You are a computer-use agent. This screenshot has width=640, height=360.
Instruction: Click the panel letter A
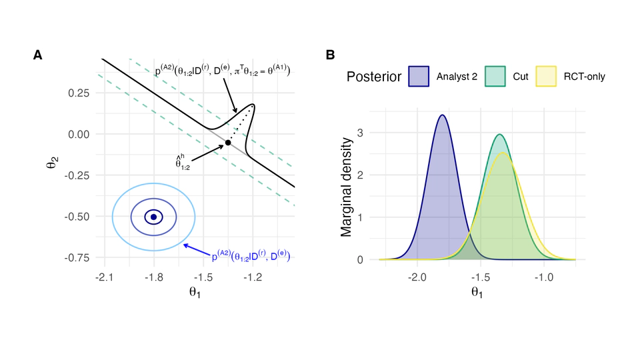click(39, 55)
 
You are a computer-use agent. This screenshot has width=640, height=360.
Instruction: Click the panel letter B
click(330, 55)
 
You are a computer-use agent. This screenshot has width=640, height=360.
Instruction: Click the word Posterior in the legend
click(374, 77)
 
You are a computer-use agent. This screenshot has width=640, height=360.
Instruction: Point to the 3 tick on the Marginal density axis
click(359, 133)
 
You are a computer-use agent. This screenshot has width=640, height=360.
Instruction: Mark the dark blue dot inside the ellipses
click(153, 217)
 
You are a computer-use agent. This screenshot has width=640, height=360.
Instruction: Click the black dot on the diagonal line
click(228, 143)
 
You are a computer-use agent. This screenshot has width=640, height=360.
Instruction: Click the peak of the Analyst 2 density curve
click(442, 115)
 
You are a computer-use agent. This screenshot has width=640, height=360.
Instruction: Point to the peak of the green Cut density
click(499, 135)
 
